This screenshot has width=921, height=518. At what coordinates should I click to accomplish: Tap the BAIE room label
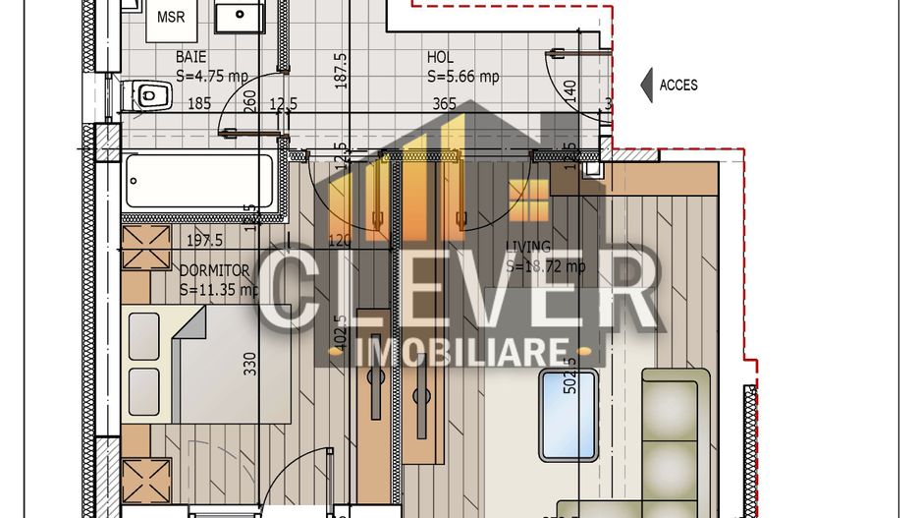click(x=191, y=57)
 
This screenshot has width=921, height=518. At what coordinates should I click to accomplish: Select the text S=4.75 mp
click(x=212, y=75)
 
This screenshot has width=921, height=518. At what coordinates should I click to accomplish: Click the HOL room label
click(x=439, y=58)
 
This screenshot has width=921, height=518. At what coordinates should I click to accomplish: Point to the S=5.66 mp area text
click(x=462, y=76)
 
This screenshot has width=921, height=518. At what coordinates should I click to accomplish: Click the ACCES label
click(x=678, y=86)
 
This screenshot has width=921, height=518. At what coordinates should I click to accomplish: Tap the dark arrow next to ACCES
click(x=646, y=86)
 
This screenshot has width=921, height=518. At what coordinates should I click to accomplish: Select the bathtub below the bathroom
click(x=198, y=181)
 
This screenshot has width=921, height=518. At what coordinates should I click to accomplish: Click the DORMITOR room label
click(x=214, y=270)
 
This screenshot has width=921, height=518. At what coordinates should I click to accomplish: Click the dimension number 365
click(x=444, y=103)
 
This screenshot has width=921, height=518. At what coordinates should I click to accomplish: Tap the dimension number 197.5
click(x=204, y=240)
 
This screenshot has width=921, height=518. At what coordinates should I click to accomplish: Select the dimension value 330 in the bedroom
click(x=249, y=364)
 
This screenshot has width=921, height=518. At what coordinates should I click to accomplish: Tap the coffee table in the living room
click(x=569, y=415)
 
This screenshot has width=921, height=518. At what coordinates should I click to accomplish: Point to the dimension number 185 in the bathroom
click(x=199, y=103)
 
